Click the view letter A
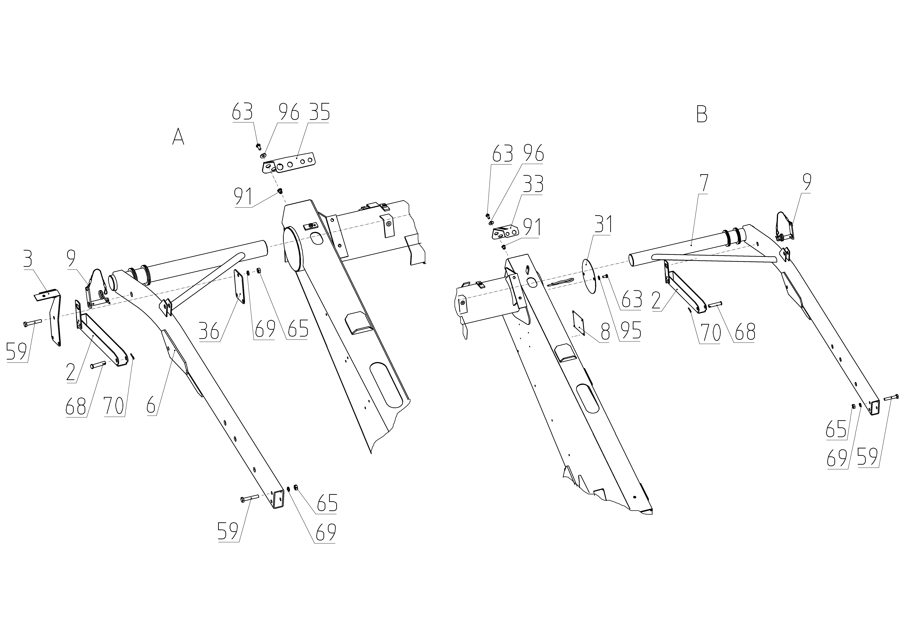(x=178, y=137)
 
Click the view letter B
(x=702, y=115)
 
